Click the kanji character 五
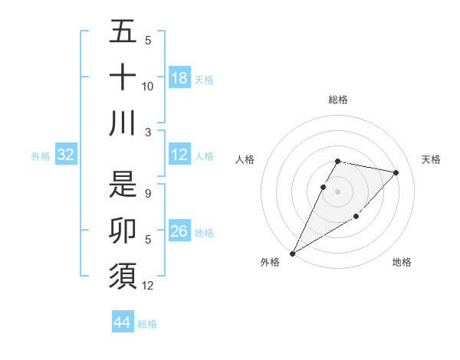click(x=123, y=33)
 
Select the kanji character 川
click(x=123, y=123)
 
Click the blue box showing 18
click(x=179, y=78)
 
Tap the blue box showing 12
click(x=179, y=155)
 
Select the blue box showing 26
click(x=179, y=231)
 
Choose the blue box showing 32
click(x=65, y=155)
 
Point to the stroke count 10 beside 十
click(x=148, y=87)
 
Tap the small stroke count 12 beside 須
click(x=148, y=286)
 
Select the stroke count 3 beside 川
click(x=147, y=132)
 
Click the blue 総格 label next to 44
click(x=147, y=324)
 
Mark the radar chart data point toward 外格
click(x=292, y=253)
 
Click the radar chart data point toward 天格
click(x=396, y=172)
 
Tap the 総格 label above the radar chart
click(x=338, y=100)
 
